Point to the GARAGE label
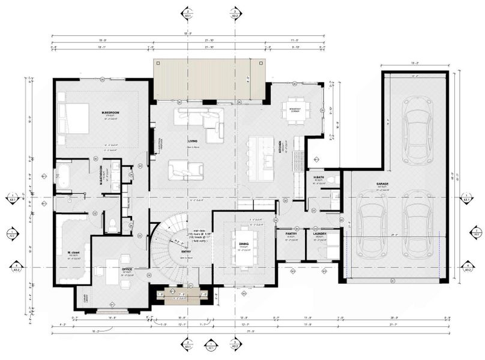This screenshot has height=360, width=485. (x=383, y=184)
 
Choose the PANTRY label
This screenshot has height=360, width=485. (x=291, y=235)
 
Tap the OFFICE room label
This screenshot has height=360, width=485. (x=127, y=270)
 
